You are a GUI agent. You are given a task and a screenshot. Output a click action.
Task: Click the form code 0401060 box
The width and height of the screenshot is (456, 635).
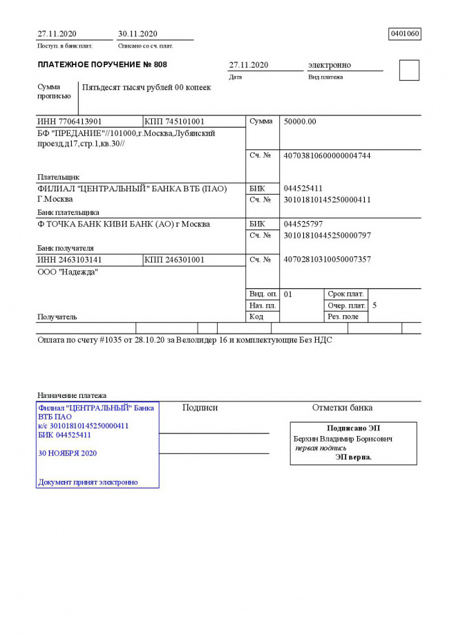[x=406, y=34]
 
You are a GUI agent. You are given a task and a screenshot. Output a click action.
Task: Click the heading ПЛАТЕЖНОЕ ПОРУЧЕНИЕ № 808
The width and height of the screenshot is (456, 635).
[x=102, y=65]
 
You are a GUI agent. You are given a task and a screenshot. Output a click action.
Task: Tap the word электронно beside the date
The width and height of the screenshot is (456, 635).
[x=330, y=65]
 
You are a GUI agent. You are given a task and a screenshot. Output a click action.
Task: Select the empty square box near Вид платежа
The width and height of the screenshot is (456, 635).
[x=409, y=70]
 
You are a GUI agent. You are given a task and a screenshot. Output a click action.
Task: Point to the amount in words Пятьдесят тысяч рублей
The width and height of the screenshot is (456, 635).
[x=146, y=88]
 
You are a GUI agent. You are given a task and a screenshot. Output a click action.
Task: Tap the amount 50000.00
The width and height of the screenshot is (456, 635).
[x=300, y=122]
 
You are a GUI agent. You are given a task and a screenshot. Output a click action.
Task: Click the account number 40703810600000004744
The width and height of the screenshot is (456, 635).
[x=327, y=156]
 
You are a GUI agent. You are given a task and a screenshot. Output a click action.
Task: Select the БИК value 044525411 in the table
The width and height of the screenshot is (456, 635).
[x=303, y=189]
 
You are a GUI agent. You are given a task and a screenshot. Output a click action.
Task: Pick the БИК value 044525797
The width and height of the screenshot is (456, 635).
[x=303, y=225]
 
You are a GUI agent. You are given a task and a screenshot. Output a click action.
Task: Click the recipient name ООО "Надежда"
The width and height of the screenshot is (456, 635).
[x=68, y=272]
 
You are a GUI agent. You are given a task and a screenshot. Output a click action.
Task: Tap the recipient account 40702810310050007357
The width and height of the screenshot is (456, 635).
[x=327, y=260]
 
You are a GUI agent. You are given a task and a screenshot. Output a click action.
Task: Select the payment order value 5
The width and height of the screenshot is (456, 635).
[x=374, y=305]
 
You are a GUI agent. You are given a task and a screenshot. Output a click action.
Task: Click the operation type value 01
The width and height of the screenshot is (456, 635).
[x=288, y=294]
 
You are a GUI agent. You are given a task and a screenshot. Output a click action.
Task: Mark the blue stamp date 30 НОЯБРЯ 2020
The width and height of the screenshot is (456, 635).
[x=68, y=453]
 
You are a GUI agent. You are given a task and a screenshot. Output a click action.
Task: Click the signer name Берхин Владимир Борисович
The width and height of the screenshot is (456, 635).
[x=343, y=439]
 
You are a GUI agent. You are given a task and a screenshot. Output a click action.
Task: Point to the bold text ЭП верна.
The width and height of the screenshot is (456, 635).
[x=354, y=457]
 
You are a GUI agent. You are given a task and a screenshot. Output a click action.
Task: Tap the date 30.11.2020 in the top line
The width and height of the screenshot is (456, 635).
[x=138, y=34]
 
